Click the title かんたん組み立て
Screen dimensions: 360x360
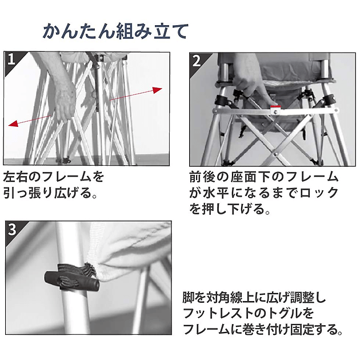[x=115, y=31]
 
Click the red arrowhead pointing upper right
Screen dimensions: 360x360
[x=157, y=90]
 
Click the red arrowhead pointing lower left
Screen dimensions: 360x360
[x=13, y=124]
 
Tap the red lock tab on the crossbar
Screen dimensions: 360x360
[x=275, y=106]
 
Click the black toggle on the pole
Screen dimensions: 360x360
[x=71, y=281]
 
